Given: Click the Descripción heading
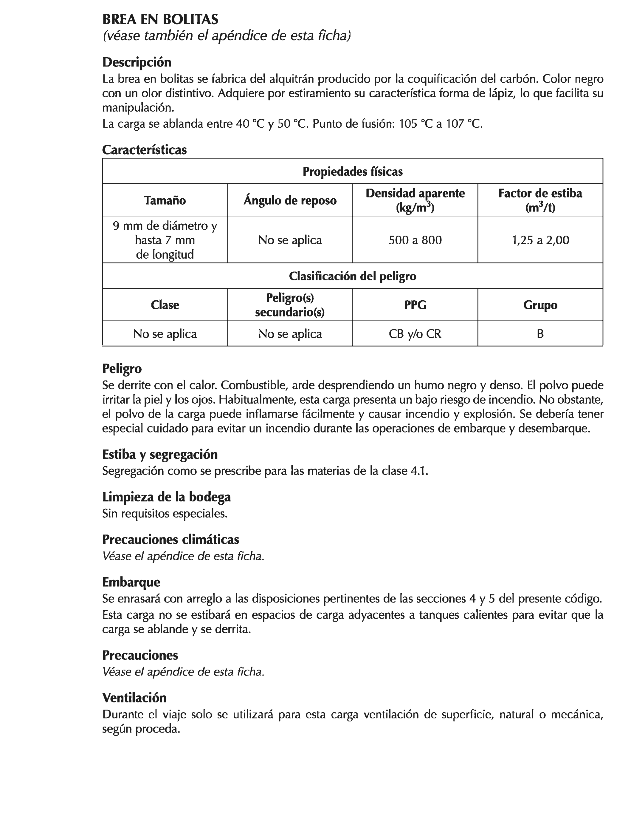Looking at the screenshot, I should point(137,62).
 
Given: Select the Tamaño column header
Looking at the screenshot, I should point(165,200).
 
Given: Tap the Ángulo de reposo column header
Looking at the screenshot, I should point(290,200).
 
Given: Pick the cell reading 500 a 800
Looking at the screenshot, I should point(415,240).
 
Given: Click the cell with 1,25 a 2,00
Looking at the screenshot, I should point(540,240).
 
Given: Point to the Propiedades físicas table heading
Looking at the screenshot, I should point(353,172).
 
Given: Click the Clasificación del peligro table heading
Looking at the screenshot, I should point(353,276).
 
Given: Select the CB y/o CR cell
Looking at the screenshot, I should point(415,334).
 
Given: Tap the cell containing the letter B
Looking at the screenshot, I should point(540,334).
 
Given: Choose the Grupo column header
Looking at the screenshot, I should point(540,305).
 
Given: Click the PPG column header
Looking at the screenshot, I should point(415,305).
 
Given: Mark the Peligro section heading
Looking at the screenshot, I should point(122,368).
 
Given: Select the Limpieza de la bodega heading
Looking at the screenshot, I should point(166,497).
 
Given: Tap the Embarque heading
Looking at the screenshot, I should point(131,582).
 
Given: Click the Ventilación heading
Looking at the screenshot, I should point(134,698).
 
